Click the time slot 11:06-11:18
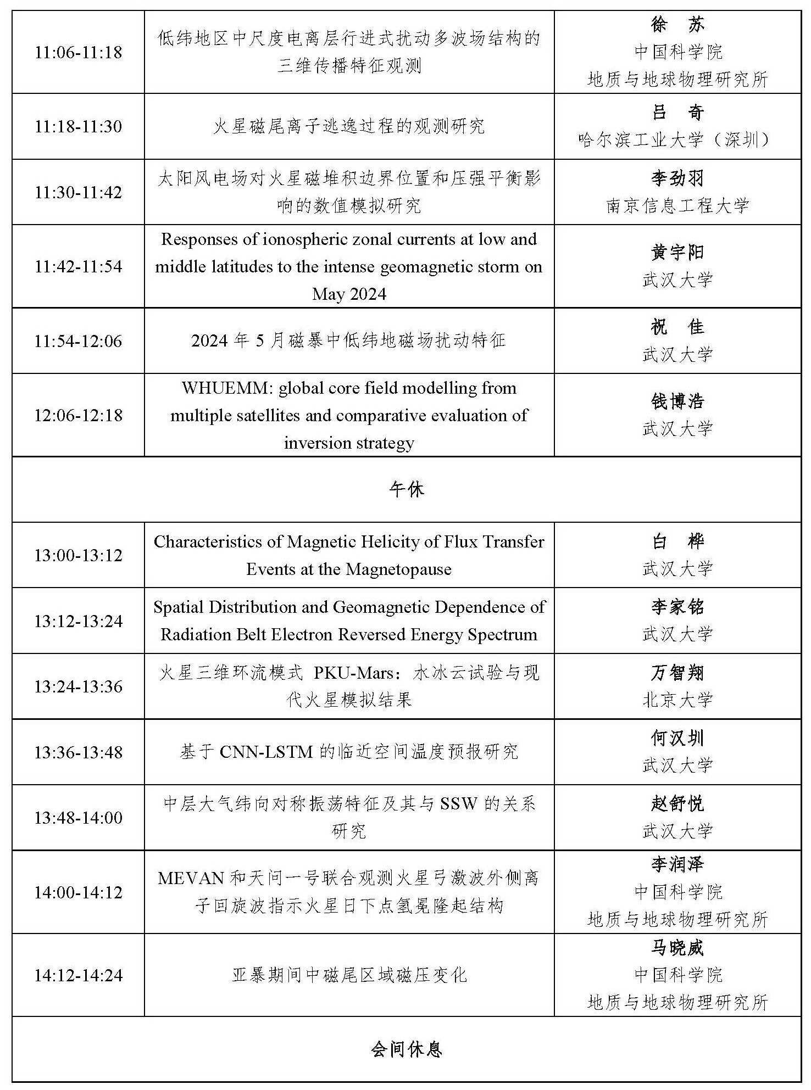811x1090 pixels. click(78, 53)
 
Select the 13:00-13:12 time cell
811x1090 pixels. click(78, 555)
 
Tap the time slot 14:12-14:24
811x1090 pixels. click(78, 975)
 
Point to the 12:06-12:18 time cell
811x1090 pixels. click(78, 415)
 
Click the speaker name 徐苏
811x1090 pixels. click(677, 24)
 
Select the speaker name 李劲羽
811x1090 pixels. click(677, 178)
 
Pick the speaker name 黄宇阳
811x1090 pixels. click(677, 253)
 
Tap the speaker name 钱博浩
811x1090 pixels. click(677, 401)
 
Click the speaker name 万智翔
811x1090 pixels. click(677, 673)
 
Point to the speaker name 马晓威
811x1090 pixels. click(677, 948)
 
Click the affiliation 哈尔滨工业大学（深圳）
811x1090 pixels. click(677, 140)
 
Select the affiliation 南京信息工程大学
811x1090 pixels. click(677, 206)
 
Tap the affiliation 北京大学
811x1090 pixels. click(677, 700)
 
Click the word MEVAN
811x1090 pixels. click(191, 878)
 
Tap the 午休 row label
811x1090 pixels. click(406, 489)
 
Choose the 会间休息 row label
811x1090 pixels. click(406, 1050)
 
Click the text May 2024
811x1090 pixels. click(349, 294)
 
